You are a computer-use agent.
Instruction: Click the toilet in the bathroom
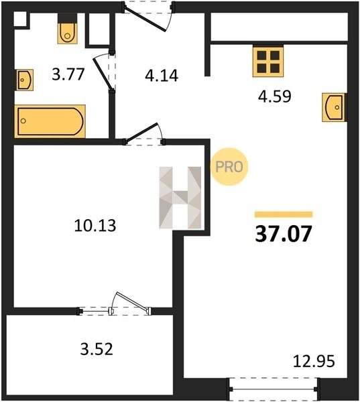click(x=67, y=29)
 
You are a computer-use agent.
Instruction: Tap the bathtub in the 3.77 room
click(x=50, y=121)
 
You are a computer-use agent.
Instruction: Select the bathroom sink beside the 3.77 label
click(x=25, y=80)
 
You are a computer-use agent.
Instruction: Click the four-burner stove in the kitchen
click(x=268, y=61)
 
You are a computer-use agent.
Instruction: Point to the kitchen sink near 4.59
click(x=335, y=107)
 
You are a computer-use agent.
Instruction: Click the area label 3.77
click(x=68, y=74)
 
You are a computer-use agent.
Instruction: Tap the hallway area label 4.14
click(x=162, y=76)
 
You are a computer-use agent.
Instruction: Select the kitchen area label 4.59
click(x=275, y=96)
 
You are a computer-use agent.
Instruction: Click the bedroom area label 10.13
click(x=95, y=226)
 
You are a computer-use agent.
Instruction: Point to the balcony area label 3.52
click(x=97, y=349)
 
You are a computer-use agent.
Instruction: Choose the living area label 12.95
click(x=314, y=361)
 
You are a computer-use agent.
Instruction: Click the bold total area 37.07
click(x=284, y=234)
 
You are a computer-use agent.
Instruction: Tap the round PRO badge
click(x=229, y=167)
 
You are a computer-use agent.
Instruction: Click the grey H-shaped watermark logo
click(x=180, y=198)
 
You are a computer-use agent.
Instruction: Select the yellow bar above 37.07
click(x=284, y=214)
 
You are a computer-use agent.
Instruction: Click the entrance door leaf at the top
click(x=144, y=19)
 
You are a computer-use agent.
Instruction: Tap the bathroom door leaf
click(x=103, y=75)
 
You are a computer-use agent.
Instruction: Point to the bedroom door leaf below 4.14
click(x=141, y=133)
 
